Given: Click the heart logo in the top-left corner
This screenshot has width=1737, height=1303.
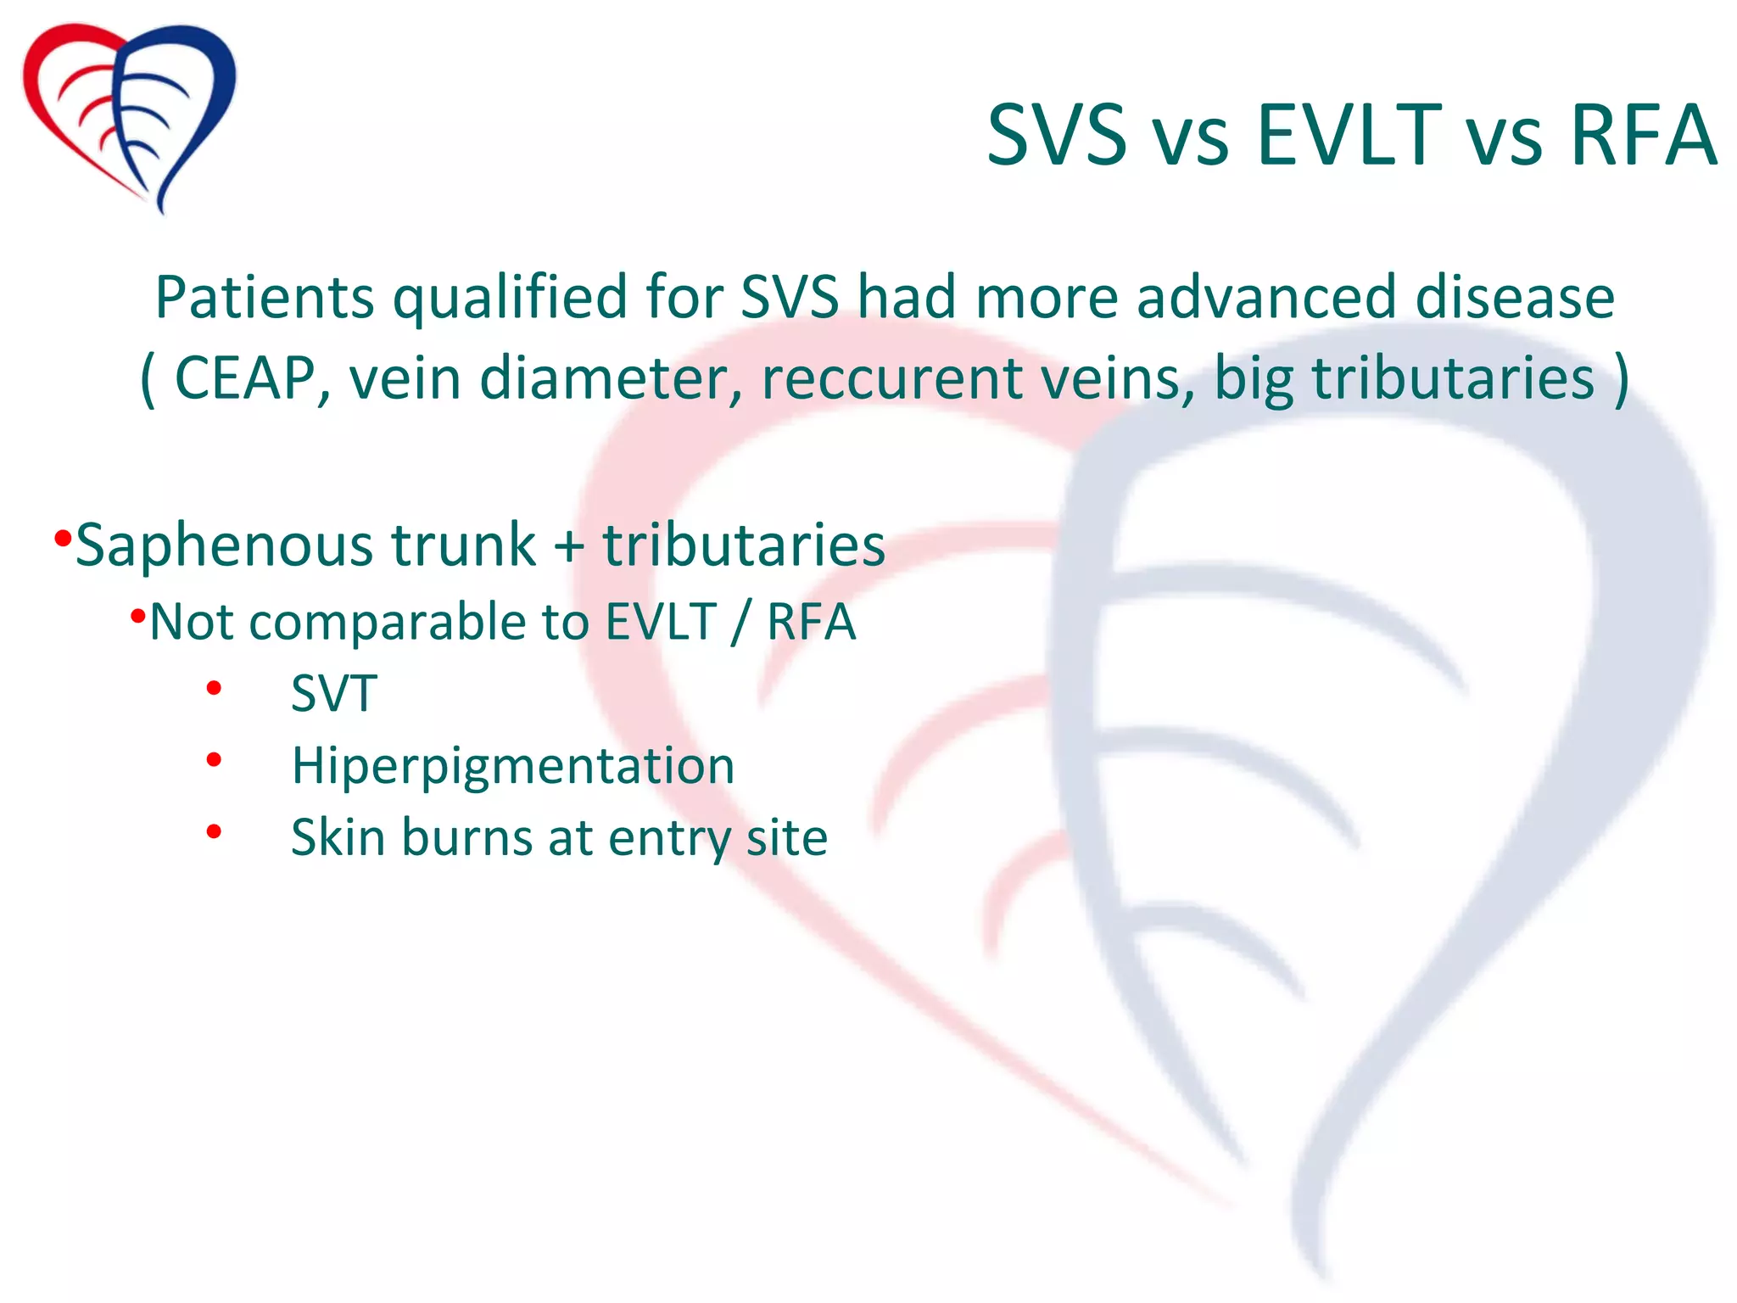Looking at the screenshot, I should coord(129,115).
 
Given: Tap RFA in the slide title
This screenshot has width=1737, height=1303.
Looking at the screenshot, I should coord(1643,136).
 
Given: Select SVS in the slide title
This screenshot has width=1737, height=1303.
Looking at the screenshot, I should coord(1056,136).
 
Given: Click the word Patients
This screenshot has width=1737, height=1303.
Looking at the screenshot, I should coord(265,299).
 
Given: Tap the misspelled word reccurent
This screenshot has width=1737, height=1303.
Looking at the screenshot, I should coord(891,378).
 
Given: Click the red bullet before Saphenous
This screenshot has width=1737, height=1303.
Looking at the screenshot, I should coord(62,538).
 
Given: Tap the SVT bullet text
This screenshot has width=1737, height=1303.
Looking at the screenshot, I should coord(333,694).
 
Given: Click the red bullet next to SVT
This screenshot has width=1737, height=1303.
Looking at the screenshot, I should coord(214,688).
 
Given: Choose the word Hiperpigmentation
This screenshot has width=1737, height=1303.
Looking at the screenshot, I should coord(512,767).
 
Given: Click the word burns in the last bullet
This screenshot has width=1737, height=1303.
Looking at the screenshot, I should coord(466,838).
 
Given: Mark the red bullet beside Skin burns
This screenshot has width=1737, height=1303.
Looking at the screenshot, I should coord(214,832).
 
